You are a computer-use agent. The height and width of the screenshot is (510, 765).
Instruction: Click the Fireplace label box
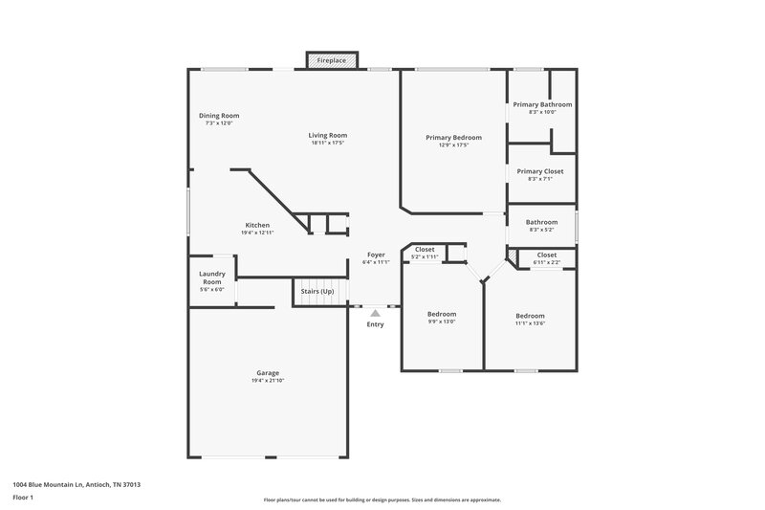click(x=333, y=60)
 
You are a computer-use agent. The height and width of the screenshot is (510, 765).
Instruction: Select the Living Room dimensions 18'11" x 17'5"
click(x=327, y=143)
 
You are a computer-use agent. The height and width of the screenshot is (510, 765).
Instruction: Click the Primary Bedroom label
click(x=453, y=138)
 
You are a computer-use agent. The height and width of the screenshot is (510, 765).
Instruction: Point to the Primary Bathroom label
click(x=542, y=103)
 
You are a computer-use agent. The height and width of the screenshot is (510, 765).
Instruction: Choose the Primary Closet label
click(x=540, y=171)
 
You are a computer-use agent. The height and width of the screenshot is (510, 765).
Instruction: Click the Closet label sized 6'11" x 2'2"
click(x=546, y=255)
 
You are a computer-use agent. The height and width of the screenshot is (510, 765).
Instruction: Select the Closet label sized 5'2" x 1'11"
click(x=425, y=249)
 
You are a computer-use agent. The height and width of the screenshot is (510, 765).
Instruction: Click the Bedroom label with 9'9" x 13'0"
click(x=442, y=314)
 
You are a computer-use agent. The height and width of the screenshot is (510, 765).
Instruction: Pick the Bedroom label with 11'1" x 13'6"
click(x=530, y=316)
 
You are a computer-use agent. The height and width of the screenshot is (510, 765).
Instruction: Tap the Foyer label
click(x=377, y=255)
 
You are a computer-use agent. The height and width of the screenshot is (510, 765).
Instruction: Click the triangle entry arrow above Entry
click(x=376, y=312)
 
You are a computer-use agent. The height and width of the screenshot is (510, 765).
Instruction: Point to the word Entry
click(x=376, y=324)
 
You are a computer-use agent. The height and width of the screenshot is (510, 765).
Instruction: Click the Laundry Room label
click(x=212, y=277)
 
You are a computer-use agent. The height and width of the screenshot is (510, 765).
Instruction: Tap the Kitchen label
click(x=257, y=225)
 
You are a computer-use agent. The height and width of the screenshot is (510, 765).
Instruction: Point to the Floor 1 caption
click(x=22, y=499)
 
